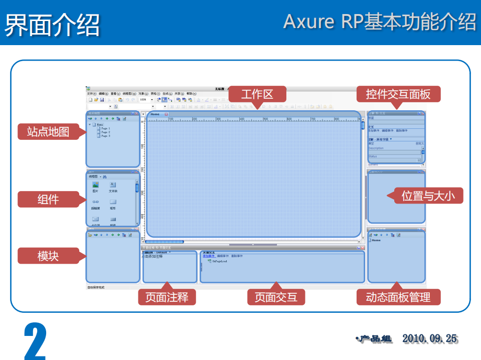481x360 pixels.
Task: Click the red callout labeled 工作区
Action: (x=257, y=94)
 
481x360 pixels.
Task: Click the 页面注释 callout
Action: (x=167, y=297)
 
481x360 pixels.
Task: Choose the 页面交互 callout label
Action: (x=276, y=297)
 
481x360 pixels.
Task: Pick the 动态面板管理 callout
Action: (x=398, y=297)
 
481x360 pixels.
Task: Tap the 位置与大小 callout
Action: (x=428, y=196)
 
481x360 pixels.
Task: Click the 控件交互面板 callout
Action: (x=398, y=94)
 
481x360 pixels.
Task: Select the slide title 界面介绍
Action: (x=52, y=24)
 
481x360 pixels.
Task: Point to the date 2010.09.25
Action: (x=429, y=339)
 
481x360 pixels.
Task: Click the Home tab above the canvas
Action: (x=155, y=114)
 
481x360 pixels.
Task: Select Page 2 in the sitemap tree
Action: (x=105, y=132)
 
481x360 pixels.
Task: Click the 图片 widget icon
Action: (x=95, y=185)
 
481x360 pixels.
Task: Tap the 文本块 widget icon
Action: (x=113, y=185)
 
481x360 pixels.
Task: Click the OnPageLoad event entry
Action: (x=220, y=261)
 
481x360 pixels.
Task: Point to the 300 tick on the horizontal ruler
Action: (x=218, y=119)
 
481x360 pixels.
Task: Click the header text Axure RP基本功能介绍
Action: (x=379, y=22)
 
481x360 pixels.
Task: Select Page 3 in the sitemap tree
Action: (x=105, y=136)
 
